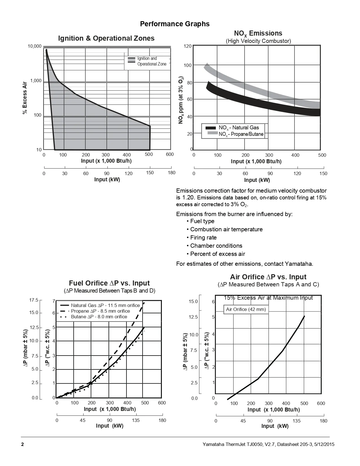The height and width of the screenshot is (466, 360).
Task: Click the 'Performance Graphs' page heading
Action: [x=175, y=24]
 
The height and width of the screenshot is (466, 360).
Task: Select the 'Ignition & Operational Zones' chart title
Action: [x=106, y=38]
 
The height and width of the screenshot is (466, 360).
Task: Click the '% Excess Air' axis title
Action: [x=25, y=98]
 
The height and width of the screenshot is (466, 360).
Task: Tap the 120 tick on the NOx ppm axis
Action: [x=188, y=46]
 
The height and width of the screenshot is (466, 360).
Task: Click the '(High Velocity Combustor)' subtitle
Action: [x=258, y=41]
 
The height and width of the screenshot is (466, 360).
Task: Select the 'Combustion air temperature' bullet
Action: [x=226, y=229]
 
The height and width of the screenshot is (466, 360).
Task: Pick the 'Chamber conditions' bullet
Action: [x=216, y=246]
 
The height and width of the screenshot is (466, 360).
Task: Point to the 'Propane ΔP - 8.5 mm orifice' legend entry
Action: [x=100, y=311]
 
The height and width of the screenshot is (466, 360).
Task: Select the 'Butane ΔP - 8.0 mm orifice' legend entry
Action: [x=99, y=317]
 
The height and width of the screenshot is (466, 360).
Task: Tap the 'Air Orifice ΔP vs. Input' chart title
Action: [x=268, y=277]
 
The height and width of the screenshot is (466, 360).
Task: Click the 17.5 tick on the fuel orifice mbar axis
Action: [x=34, y=300]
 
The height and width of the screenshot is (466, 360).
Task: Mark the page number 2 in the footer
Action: [x=23, y=445]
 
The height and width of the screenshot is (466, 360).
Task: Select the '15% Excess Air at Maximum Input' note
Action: [x=268, y=298]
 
